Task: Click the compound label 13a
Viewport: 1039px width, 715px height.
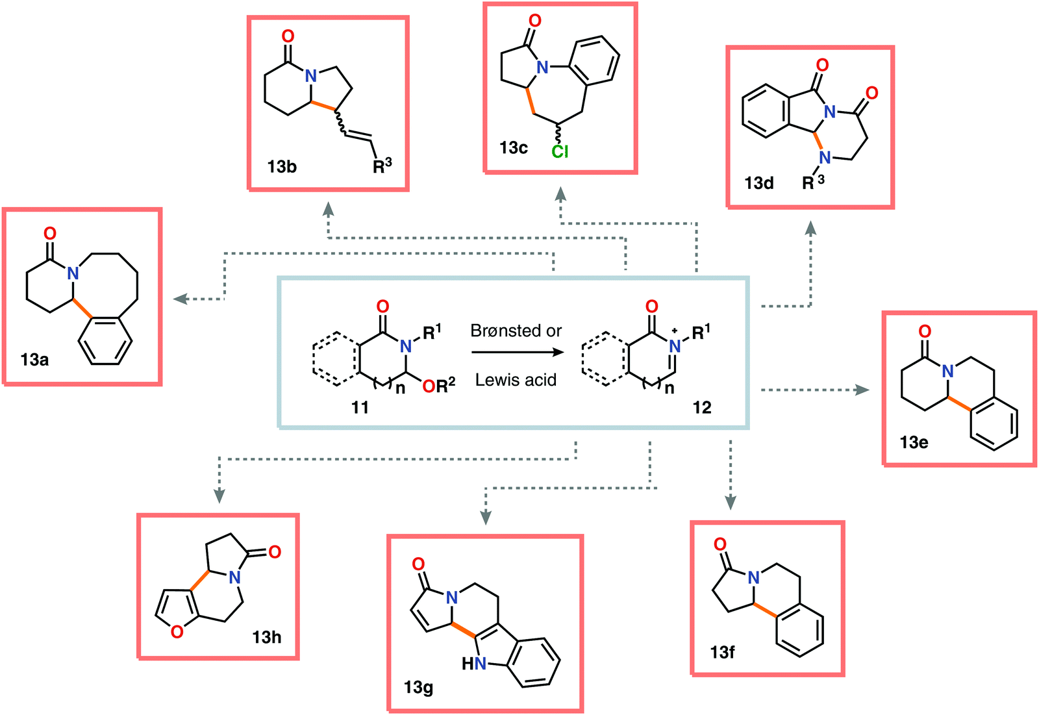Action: point(34,360)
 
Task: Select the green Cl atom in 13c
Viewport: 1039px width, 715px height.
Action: point(560,151)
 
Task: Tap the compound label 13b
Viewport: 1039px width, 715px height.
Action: point(282,167)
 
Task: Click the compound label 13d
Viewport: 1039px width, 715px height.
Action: point(759,183)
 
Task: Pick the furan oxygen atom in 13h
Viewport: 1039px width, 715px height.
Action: point(177,631)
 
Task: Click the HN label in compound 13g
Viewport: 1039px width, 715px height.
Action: point(473,664)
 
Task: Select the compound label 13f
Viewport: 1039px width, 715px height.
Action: point(722,652)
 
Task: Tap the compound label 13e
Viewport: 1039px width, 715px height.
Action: point(914,442)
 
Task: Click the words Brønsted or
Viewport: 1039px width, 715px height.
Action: point(516,331)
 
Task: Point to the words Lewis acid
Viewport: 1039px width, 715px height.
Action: point(516,380)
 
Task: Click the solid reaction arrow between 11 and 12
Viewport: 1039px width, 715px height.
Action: point(516,353)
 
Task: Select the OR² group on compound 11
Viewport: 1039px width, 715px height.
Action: point(439,387)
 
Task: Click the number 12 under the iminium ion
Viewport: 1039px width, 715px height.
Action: point(702,407)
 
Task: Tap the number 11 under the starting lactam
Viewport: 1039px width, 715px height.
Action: point(360,407)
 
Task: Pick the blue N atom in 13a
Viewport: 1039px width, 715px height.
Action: point(73,273)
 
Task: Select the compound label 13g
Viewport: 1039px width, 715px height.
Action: point(418,687)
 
